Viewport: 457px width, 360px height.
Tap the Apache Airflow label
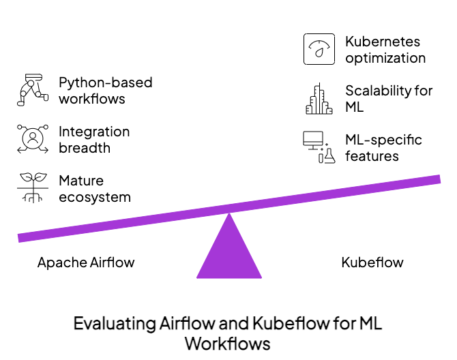coord(86,262)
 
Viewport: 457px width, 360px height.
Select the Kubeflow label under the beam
coord(372,262)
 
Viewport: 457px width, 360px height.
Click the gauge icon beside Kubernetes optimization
coord(319,49)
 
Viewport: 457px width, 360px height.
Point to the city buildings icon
coord(319,99)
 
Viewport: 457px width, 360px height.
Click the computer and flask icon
coord(319,147)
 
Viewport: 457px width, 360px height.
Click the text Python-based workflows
coord(105,91)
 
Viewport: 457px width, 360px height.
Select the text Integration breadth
coord(93,140)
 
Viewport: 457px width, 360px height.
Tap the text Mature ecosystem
coord(94,189)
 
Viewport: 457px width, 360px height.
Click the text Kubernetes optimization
coord(385,50)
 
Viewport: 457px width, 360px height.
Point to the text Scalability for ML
coord(388,99)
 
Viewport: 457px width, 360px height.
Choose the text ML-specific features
coord(383,148)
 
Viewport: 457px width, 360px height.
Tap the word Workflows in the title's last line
coord(228,343)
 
